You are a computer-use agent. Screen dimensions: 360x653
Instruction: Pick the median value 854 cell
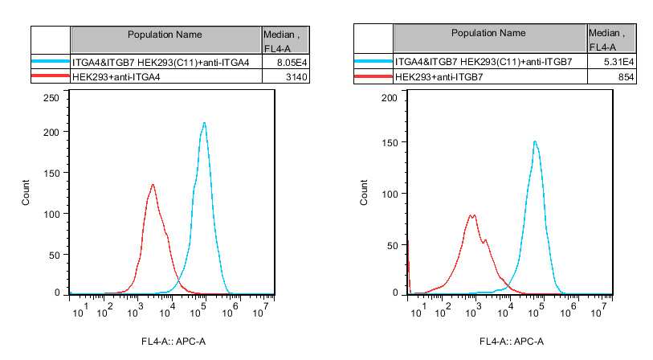tap(625, 76)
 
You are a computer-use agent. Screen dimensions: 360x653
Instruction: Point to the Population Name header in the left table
tap(165, 35)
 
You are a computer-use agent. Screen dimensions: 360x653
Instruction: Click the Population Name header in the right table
tap(488, 34)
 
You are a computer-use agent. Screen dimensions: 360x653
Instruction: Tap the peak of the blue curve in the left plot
tap(205, 123)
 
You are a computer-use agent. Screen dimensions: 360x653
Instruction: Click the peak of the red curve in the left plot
tap(153, 184)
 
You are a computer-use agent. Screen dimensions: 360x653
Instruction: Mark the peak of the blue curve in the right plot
tap(534, 141)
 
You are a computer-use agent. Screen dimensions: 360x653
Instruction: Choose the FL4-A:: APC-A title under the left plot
tap(173, 342)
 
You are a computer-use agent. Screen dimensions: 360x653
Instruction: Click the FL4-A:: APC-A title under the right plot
tap(512, 342)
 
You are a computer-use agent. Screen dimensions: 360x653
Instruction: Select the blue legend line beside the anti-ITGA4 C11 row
tap(50, 61)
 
